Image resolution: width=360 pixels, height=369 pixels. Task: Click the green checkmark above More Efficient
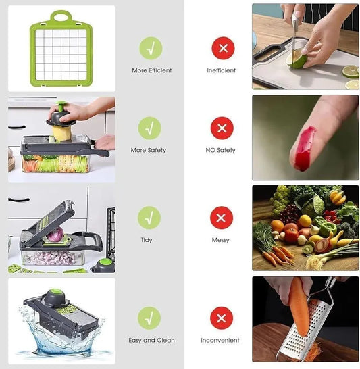[x=150, y=48]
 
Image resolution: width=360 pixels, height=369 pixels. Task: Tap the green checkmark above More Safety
[x=150, y=128]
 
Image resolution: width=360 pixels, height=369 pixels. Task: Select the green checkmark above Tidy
[x=150, y=218]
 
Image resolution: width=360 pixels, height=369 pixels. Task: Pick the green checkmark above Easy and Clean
[x=150, y=318]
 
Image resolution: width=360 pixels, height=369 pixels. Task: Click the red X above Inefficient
[x=222, y=48]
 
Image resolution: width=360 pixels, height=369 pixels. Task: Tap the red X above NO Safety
[x=222, y=128]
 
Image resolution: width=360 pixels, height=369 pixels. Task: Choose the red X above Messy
[x=221, y=218]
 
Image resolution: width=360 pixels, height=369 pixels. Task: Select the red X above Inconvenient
[x=221, y=318]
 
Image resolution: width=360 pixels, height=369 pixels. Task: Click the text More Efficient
[x=151, y=70]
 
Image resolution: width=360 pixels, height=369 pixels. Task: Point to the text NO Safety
[x=221, y=150]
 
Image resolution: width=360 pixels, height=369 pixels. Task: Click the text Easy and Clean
[x=151, y=340]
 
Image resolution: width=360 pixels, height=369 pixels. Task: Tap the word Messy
[x=220, y=240]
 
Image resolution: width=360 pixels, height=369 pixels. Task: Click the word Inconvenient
[x=222, y=340]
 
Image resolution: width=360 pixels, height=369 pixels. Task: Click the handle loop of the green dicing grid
[x=61, y=15]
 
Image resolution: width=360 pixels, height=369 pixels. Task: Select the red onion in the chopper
[x=55, y=234]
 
